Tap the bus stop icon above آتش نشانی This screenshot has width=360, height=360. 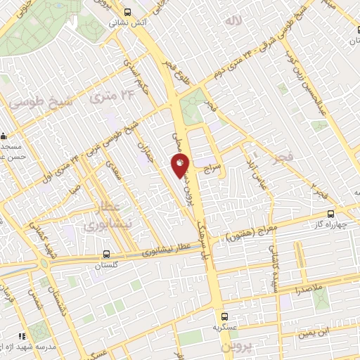pyautogui.click(x=127, y=12)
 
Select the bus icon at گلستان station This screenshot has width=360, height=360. pyautogui.click(x=106, y=255)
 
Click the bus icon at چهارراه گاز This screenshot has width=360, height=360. pyautogui.click(x=331, y=214)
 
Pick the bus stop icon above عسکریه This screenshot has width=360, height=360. pyautogui.click(x=224, y=316)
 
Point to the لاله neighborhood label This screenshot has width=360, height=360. pyautogui.click(x=233, y=22)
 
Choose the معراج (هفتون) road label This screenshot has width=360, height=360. pyautogui.click(x=248, y=233)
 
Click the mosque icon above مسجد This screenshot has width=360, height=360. pyautogui.click(x=5, y=134)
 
